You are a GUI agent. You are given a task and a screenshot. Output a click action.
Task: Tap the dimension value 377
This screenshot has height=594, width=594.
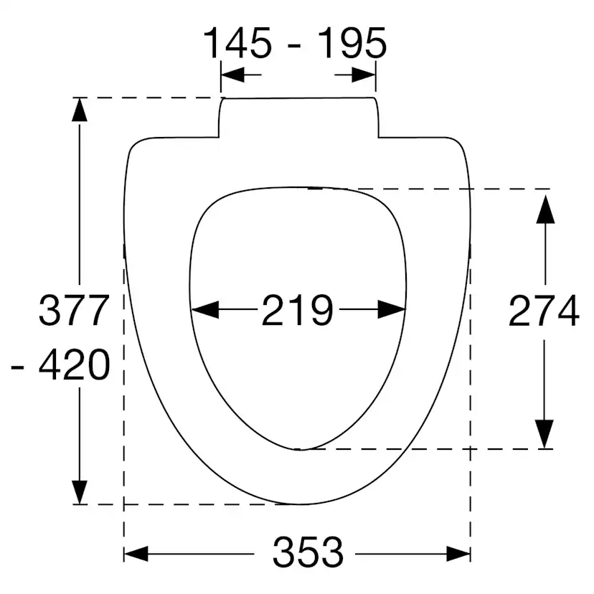(x=74, y=311)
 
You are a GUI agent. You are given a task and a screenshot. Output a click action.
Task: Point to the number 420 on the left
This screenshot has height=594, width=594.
(x=74, y=367)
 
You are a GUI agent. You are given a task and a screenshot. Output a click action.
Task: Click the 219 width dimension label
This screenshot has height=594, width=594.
(x=297, y=311)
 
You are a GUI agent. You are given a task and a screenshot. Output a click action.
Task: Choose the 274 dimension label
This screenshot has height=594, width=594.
(x=543, y=311)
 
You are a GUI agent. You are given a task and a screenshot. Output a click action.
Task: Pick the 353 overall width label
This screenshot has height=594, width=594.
(x=308, y=553)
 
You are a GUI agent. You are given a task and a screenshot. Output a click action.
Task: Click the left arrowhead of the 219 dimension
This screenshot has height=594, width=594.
(x=205, y=310)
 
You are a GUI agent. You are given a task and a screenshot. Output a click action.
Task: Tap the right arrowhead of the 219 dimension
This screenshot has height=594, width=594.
(x=392, y=310)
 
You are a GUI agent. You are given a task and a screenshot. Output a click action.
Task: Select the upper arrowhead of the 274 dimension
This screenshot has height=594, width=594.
(x=546, y=208)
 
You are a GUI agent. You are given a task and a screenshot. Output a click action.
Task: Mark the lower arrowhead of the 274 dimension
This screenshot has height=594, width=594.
(x=546, y=433)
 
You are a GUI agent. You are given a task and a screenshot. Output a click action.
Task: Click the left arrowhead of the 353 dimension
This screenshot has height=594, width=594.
(x=136, y=554)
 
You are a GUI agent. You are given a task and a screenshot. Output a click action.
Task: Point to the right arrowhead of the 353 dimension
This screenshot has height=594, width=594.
(x=458, y=554)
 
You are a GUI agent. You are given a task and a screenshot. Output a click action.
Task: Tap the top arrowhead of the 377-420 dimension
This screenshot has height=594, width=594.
(x=80, y=111)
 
